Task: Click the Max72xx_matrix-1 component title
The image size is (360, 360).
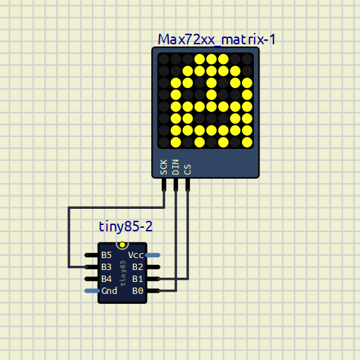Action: coord(217,39)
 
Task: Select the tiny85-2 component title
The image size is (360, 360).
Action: coord(126,226)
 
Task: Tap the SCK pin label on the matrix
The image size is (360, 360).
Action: coord(164,167)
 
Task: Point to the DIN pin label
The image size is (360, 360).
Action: coord(176,167)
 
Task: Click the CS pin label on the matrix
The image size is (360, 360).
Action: coord(188,169)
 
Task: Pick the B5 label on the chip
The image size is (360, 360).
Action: coord(106,255)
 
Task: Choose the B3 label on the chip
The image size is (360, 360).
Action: coord(106,267)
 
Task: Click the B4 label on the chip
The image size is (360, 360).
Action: coord(106,279)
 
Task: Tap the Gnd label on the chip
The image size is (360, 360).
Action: coord(109,291)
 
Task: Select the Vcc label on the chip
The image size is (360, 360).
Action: coord(136,255)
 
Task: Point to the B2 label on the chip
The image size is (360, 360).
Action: coord(138,267)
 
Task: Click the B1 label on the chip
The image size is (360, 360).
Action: coord(138,279)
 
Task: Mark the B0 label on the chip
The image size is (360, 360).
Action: coord(138,291)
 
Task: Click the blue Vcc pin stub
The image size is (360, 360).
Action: coord(153,255)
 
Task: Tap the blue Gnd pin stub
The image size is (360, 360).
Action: coord(92,291)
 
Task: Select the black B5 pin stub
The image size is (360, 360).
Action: coord(91,255)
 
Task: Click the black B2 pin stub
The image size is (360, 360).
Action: coord(153,267)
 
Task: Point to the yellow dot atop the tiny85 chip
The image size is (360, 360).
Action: coord(122,245)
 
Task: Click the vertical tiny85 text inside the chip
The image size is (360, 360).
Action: coord(123,274)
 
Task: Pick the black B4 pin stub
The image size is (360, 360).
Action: coord(91,279)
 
